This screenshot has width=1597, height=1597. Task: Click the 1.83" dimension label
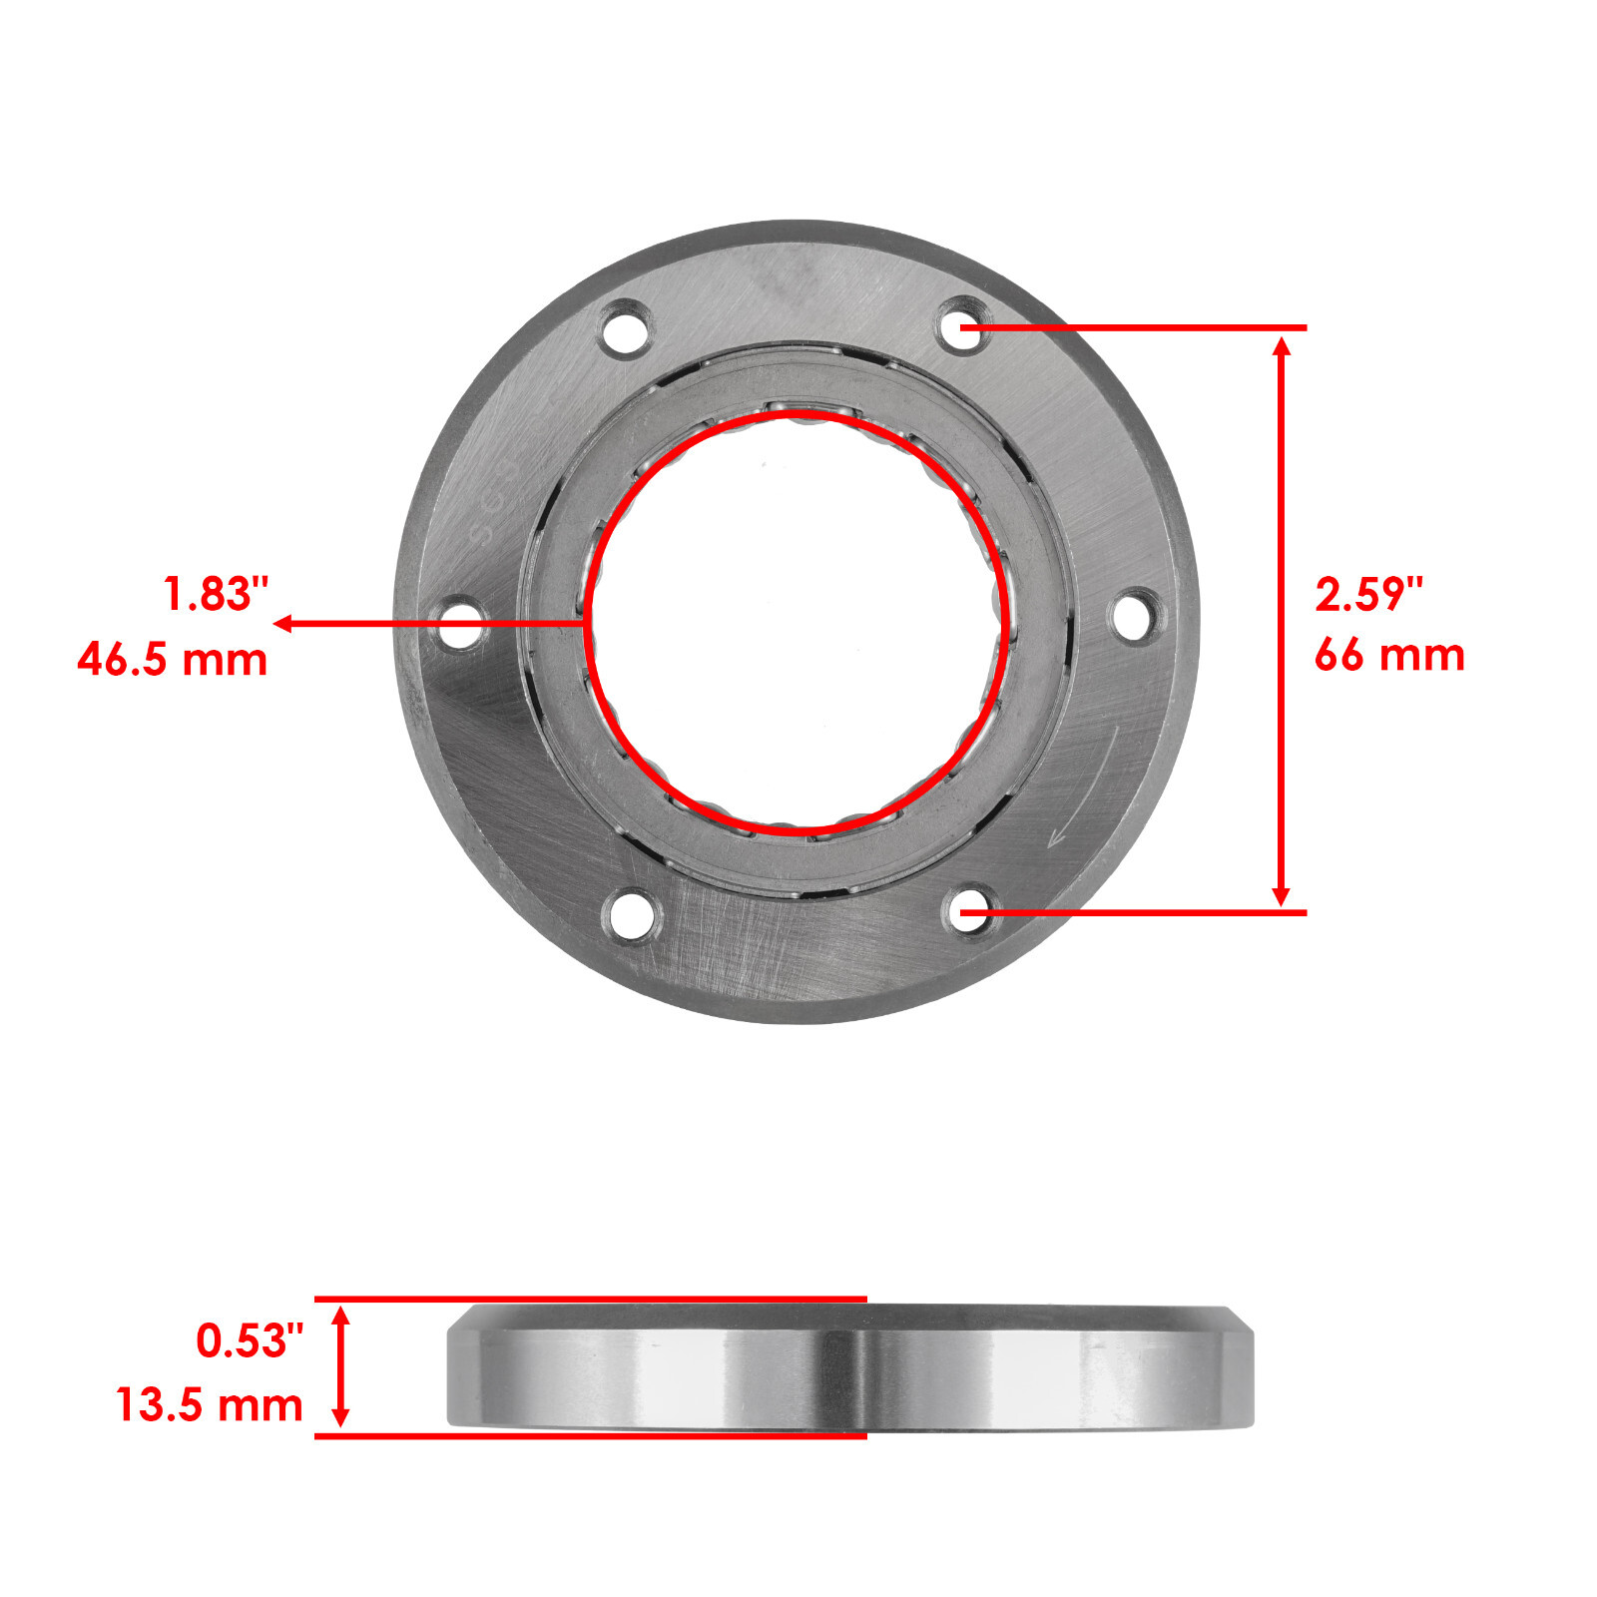click(x=217, y=595)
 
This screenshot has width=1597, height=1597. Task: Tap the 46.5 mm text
click(x=173, y=660)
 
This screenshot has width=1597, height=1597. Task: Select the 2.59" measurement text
click(x=1367, y=595)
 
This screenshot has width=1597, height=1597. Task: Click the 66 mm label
click(x=1388, y=656)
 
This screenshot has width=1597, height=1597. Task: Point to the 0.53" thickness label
click(x=250, y=1340)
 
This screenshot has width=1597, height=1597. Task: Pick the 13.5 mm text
click(x=210, y=1405)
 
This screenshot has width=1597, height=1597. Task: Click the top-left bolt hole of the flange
click(x=626, y=327)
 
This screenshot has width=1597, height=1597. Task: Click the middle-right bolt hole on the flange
click(x=1135, y=615)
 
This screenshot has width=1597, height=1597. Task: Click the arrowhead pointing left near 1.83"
click(x=282, y=624)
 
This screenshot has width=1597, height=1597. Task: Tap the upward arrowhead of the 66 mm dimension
click(x=1283, y=345)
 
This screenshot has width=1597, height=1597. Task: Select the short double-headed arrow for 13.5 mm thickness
click(x=340, y=1367)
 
